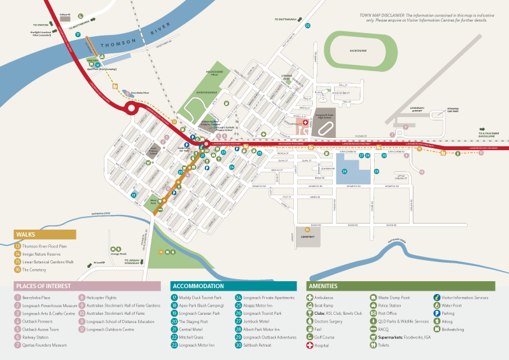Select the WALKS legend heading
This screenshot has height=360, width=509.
(45, 234)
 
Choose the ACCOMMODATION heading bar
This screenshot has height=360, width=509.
(233, 286)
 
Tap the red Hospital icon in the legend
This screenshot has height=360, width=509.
(310, 345)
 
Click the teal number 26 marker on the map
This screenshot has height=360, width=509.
(345, 172)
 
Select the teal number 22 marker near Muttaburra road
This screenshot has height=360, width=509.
(307, 26)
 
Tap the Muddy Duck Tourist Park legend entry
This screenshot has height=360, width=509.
(199, 297)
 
